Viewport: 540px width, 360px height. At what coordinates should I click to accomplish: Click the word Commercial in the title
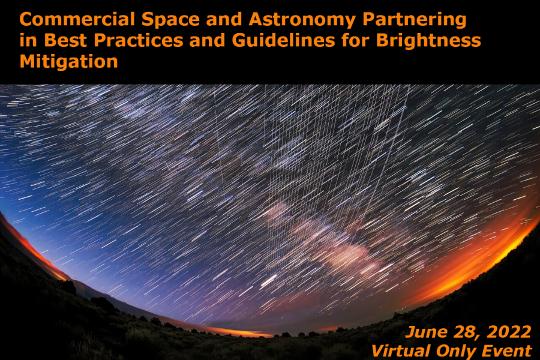[x=77, y=19]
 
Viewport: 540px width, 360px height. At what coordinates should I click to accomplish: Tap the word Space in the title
[x=171, y=20]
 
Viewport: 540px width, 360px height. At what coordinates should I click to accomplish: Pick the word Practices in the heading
[x=139, y=40]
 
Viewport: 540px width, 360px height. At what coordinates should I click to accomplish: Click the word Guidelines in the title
[x=283, y=40]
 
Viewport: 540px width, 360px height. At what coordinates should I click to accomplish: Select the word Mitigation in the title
[x=69, y=62]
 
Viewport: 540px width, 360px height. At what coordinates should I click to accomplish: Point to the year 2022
[x=509, y=332]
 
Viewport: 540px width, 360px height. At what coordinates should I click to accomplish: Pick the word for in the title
[x=355, y=40]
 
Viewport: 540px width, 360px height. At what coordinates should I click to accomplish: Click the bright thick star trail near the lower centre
[x=269, y=281]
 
